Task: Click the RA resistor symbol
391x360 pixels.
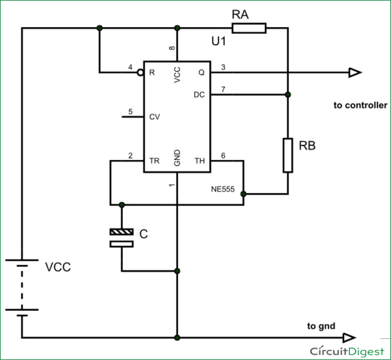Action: click(x=248, y=28)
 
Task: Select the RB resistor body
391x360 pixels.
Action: click(x=288, y=155)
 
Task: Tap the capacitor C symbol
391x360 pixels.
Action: click(x=122, y=237)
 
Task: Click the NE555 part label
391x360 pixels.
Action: click(x=224, y=188)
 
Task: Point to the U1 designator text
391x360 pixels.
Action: click(x=219, y=42)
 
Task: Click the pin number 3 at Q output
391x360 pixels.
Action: click(x=223, y=67)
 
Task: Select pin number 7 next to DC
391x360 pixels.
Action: click(x=223, y=90)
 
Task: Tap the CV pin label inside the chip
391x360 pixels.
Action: click(x=155, y=117)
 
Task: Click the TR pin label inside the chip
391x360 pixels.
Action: click(x=154, y=161)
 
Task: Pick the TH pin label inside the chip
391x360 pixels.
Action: click(x=200, y=161)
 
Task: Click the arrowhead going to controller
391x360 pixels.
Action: click(x=354, y=73)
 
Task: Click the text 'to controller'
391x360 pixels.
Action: click(x=360, y=105)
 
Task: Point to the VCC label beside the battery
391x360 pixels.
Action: click(x=58, y=267)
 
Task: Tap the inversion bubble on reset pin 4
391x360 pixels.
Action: click(x=140, y=73)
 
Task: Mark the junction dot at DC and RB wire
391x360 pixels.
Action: click(x=288, y=94)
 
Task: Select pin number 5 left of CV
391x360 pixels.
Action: click(x=130, y=112)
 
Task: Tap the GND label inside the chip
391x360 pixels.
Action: click(x=177, y=158)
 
